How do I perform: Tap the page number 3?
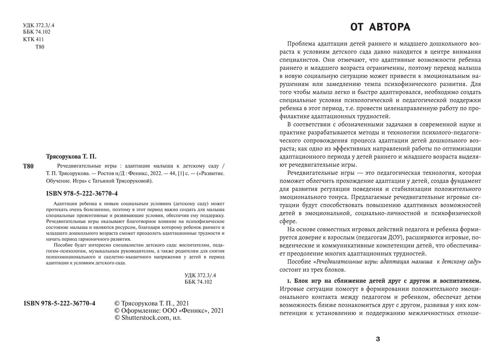(x=378, y=339)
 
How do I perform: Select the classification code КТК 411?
(x=33, y=39)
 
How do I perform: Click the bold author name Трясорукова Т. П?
(x=71, y=156)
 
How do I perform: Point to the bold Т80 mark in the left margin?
(x=28, y=166)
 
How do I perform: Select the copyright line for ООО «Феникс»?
(x=169, y=311)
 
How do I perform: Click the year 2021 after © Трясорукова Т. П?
(x=183, y=304)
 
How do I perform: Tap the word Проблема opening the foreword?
(x=301, y=44)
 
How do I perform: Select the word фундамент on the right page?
(x=466, y=181)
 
